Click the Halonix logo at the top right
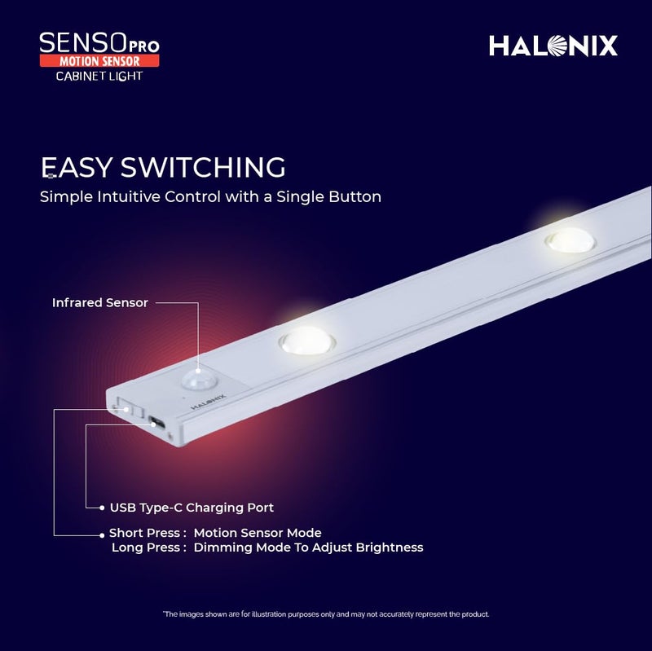tap(553, 46)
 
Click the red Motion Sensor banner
tap(99, 61)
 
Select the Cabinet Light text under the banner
tap(99, 77)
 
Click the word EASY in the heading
tap(77, 168)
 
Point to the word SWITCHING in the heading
tap(203, 168)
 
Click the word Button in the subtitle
tap(355, 197)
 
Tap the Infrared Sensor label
tap(100, 303)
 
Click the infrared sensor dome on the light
tap(196, 377)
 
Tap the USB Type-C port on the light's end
tap(156, 423)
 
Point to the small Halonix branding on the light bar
tap(209, 399)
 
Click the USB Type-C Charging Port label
tap(192, 508)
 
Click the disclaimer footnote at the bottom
tap(325, 614)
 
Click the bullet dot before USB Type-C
tap(101, 508)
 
